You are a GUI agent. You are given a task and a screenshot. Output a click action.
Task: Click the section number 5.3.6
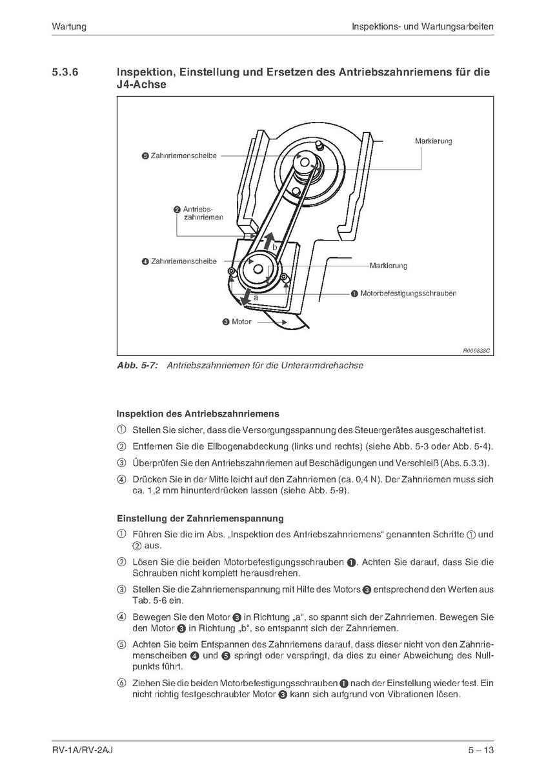tap(65, 72)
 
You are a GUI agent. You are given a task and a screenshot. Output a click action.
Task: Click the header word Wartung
tap(69, 27)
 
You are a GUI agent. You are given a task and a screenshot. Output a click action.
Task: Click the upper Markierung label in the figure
tap(433, 141)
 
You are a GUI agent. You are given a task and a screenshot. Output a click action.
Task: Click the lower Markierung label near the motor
tap(389, 266)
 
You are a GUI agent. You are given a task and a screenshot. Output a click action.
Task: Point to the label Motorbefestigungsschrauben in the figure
tap(408, 293)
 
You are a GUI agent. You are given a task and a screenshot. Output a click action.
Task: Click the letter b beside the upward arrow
tap(274, 247)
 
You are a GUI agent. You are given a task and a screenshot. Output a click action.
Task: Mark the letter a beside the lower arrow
tap(256, 298)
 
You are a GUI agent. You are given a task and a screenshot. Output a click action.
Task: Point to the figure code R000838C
tap(476, 351)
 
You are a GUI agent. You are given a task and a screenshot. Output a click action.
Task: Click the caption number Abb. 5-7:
tap(137, 366)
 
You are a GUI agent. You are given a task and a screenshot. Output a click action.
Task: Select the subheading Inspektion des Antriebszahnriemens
tap(197, 413)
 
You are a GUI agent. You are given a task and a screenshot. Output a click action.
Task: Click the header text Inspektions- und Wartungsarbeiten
tap(423, 27)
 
